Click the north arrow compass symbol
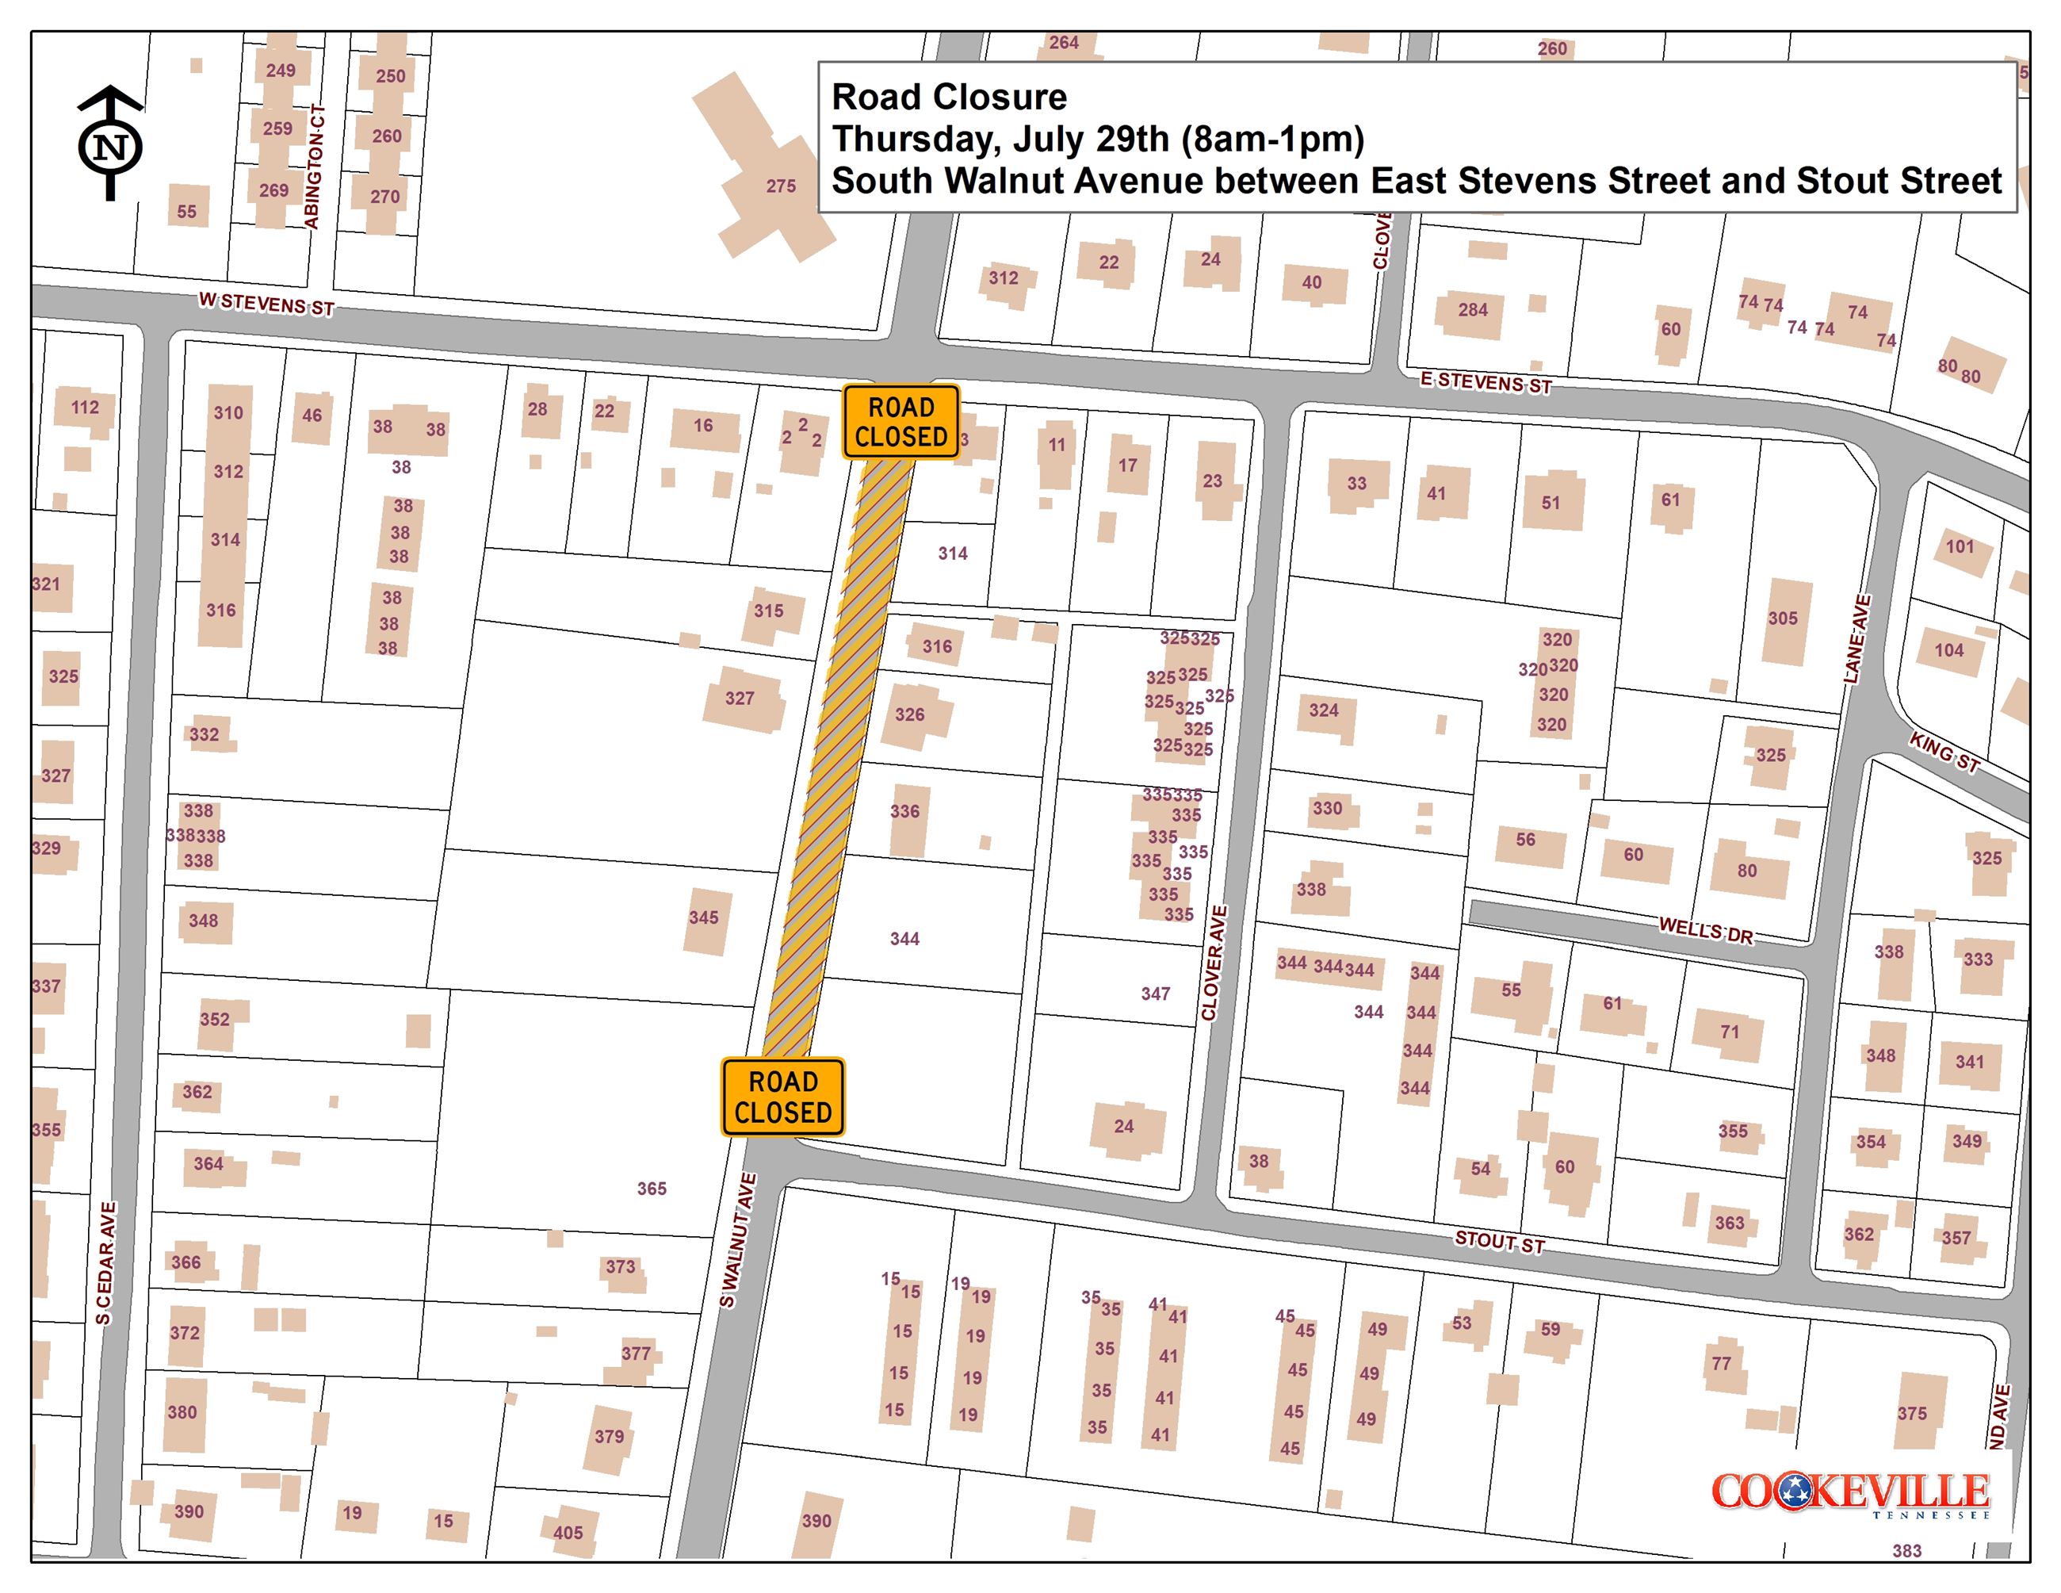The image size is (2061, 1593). point(110,144)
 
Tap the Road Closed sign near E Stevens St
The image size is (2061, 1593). point(900,422)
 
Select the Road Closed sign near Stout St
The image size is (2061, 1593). point(782,1097)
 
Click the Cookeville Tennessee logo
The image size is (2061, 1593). point(1849,1495)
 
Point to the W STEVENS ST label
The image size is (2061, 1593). point(266,304)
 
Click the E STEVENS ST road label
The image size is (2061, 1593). point(1486,382)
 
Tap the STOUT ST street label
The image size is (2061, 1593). point(1498,1242)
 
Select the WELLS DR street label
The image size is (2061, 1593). point(1705,932)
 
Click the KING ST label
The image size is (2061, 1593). point(1944,752)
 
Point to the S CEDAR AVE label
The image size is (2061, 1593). point(105,1262)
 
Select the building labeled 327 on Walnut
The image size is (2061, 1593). point(743,699)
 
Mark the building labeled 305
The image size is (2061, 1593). point(1784,619)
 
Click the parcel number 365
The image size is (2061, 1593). point(651,1188)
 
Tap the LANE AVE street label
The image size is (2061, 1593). point(1856,639)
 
